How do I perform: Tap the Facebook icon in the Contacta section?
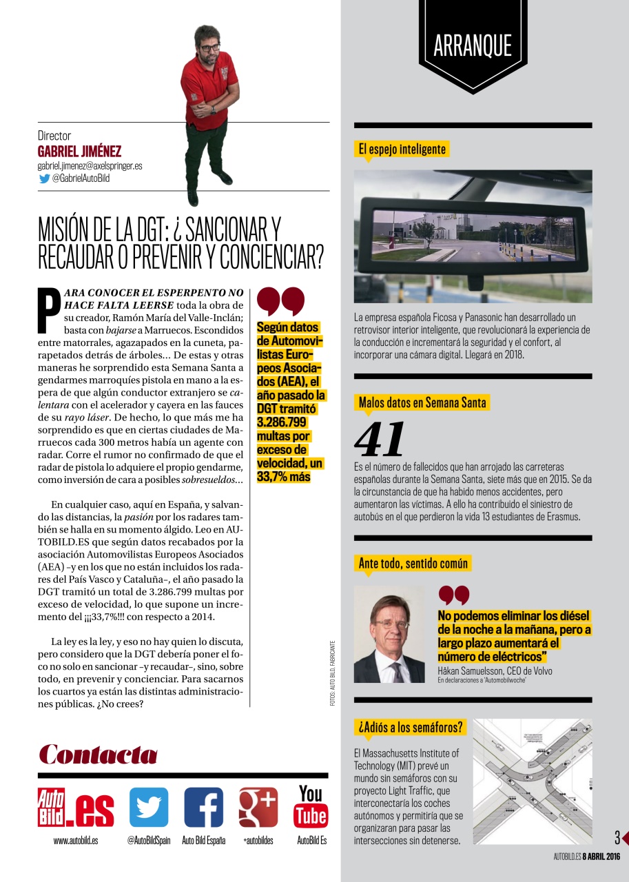[x=203, y=807]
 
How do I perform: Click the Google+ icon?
[x=258, y=807]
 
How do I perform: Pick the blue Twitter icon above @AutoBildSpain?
[x=149, y=807]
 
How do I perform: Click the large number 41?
[x=379, y=440]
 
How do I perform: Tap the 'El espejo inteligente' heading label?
[x=402, y=149]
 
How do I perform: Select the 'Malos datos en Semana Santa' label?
[x=422, y=402]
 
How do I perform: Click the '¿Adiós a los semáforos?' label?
[x=410, y=727]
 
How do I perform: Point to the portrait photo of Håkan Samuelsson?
[x=389, y=634]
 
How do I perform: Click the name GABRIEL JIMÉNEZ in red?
[x=79, y=152]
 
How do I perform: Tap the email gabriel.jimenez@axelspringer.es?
[x=90, y=166]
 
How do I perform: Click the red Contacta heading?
[x=98, y=755]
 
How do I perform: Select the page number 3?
[x=617, y=838]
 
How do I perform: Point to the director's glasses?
[x=208, y=48]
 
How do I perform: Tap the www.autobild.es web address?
[x=76, y=841]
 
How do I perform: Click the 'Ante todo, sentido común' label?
[x=413, y=563]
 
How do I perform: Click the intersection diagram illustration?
[x=532, y=781]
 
